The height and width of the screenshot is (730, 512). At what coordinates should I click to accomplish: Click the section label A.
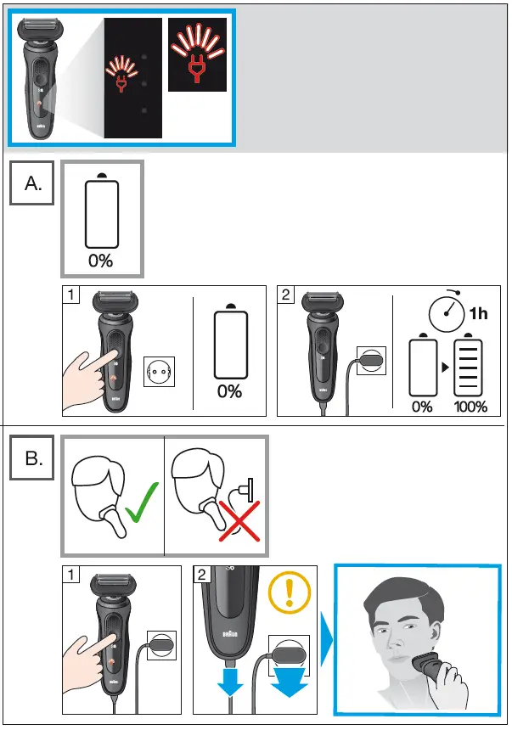33,183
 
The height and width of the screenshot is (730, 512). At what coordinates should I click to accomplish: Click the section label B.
33,459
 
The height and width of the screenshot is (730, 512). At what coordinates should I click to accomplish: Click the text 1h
478,315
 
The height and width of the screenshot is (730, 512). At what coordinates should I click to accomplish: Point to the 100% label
470,407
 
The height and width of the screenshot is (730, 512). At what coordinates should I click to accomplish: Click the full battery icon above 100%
470,368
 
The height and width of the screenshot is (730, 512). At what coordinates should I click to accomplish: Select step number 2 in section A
287,296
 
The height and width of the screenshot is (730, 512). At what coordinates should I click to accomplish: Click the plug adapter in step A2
371,360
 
